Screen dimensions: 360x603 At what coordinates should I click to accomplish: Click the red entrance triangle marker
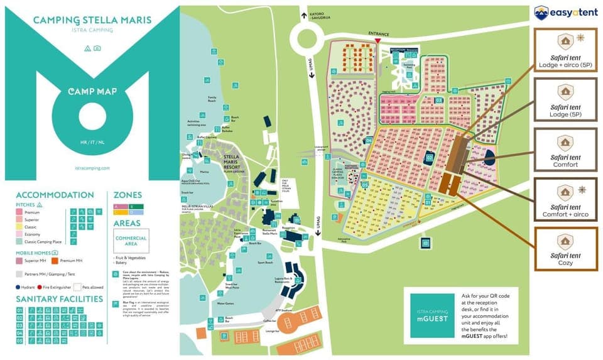pos(377,41)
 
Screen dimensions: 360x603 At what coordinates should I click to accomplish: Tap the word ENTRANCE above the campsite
pos(379,34)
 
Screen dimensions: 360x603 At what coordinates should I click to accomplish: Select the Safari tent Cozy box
pos(565,248)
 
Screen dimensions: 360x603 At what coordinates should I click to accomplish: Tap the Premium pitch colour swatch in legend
pos(19,213)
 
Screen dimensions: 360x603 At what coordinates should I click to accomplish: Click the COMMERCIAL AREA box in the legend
pos(131,241)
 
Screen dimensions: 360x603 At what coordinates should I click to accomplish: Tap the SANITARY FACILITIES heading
pos(60,298)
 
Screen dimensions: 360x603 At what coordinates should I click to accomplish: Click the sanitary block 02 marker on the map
pos(430,158)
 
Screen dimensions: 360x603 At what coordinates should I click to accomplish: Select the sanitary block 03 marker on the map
pos(439,100)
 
